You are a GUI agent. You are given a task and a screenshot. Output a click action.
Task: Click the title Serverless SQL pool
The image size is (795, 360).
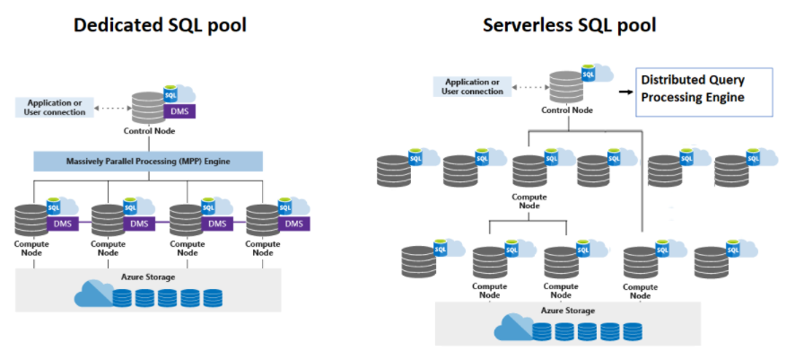(x=570, y=24)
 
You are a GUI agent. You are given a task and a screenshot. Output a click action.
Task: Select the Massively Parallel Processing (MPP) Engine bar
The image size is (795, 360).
(x=148, y=162)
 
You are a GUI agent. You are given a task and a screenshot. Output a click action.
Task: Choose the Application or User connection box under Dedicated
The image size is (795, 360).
(x=57, y=108)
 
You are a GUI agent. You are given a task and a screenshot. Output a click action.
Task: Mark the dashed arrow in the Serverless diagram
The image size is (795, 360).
(x=532, y=86)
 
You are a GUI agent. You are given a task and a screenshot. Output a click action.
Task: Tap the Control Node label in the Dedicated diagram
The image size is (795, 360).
(x=149, y=131)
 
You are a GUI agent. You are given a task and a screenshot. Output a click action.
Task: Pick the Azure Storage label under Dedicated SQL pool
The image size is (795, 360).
(x=148, y=277)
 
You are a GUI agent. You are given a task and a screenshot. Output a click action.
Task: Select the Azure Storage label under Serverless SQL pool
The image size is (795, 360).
(x=568, y=311)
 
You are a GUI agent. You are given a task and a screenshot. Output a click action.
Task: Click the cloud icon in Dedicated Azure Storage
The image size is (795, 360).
(x=93, y=294)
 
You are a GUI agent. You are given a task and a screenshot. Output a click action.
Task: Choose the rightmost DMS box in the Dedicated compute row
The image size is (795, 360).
(x=293, y=224)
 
